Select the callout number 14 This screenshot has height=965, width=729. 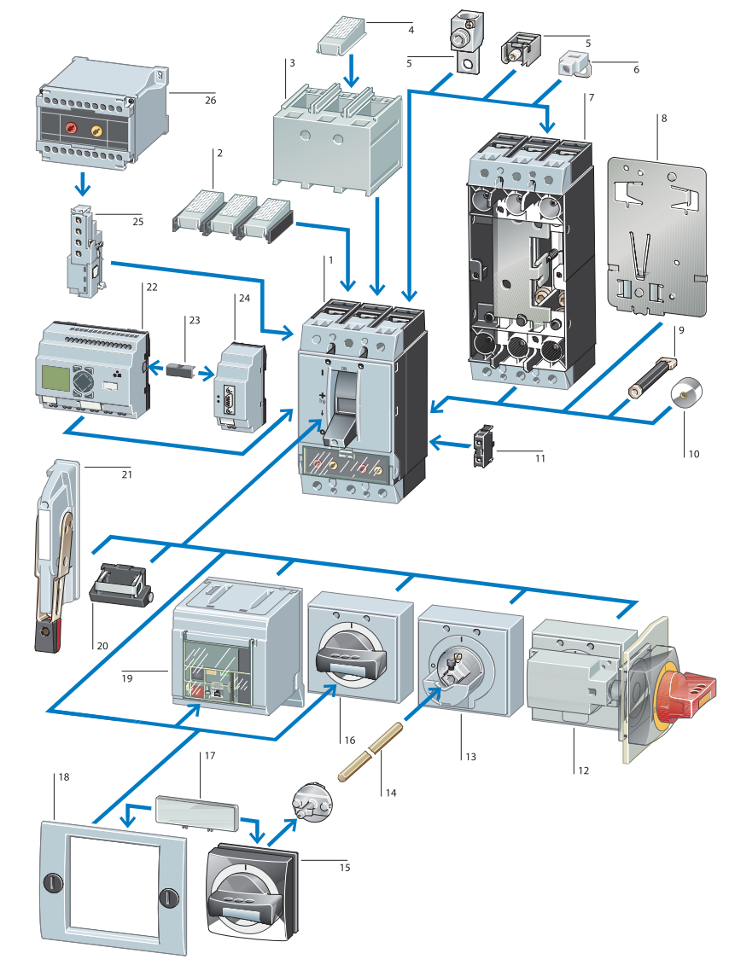(391, 793)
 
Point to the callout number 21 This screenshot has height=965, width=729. (129, 473)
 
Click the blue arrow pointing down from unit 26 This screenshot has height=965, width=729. (82, 183)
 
